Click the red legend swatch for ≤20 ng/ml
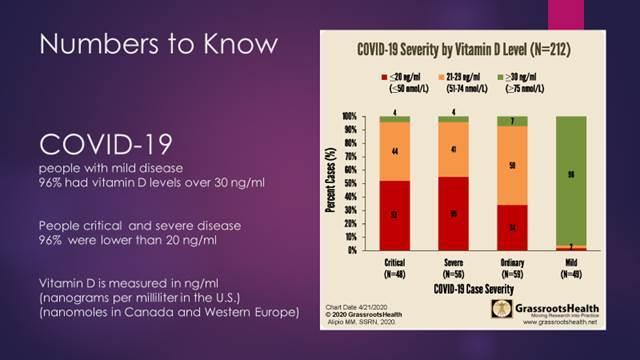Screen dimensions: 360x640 pyautogui.click(x=384, y=75)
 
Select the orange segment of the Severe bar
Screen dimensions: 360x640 pyautogui.click(x=453, y=149)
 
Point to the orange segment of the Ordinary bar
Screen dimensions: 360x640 pyautogui.click(x=512, y=166)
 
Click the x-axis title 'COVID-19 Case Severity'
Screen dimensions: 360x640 pyautogui.click(x=480, y=287)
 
